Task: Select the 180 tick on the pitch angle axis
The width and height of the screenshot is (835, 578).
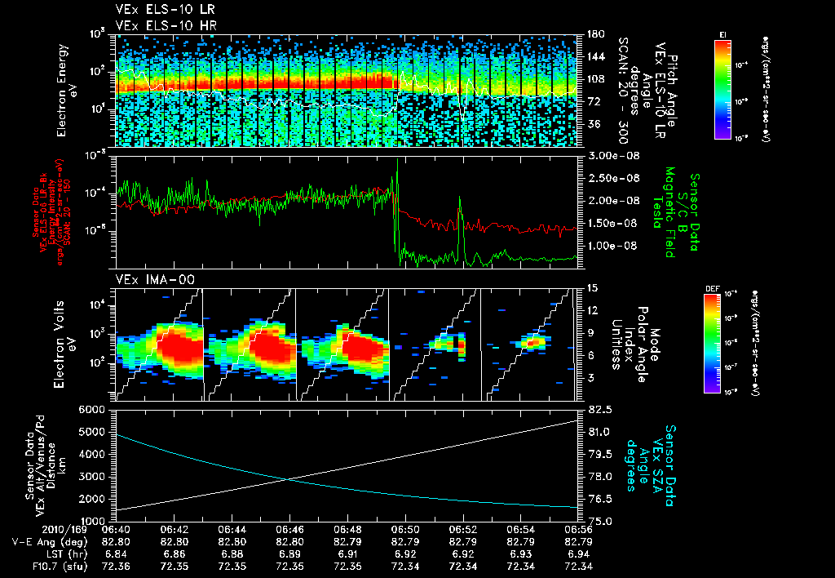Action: (594, 34)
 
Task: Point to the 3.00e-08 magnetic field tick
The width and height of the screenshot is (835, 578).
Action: (611, 155)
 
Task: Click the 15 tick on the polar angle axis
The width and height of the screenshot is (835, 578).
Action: (592, 288)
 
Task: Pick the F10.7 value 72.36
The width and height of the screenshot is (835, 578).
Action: (116, 566)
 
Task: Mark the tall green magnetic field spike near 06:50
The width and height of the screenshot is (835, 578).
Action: (397, 163)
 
